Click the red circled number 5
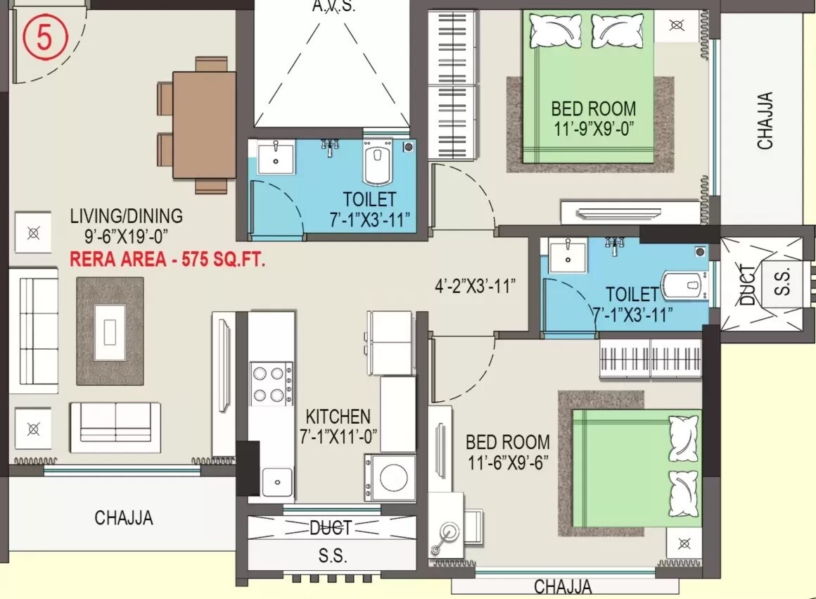pos(44,39)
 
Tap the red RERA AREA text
pos(167,260)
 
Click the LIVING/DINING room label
pos(126,216)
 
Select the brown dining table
pos(204,125)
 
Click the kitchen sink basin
pos(277,483)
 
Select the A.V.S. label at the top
pos(333,7)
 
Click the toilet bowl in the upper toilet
pos(378,162)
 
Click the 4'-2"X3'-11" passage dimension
pos(475,286)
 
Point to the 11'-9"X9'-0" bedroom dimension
pos(594,130)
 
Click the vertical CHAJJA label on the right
pos(765,121)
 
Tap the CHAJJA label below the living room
pos(123,518)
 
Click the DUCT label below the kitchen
pos(330,528)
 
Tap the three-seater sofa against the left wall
pos(33,331)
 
